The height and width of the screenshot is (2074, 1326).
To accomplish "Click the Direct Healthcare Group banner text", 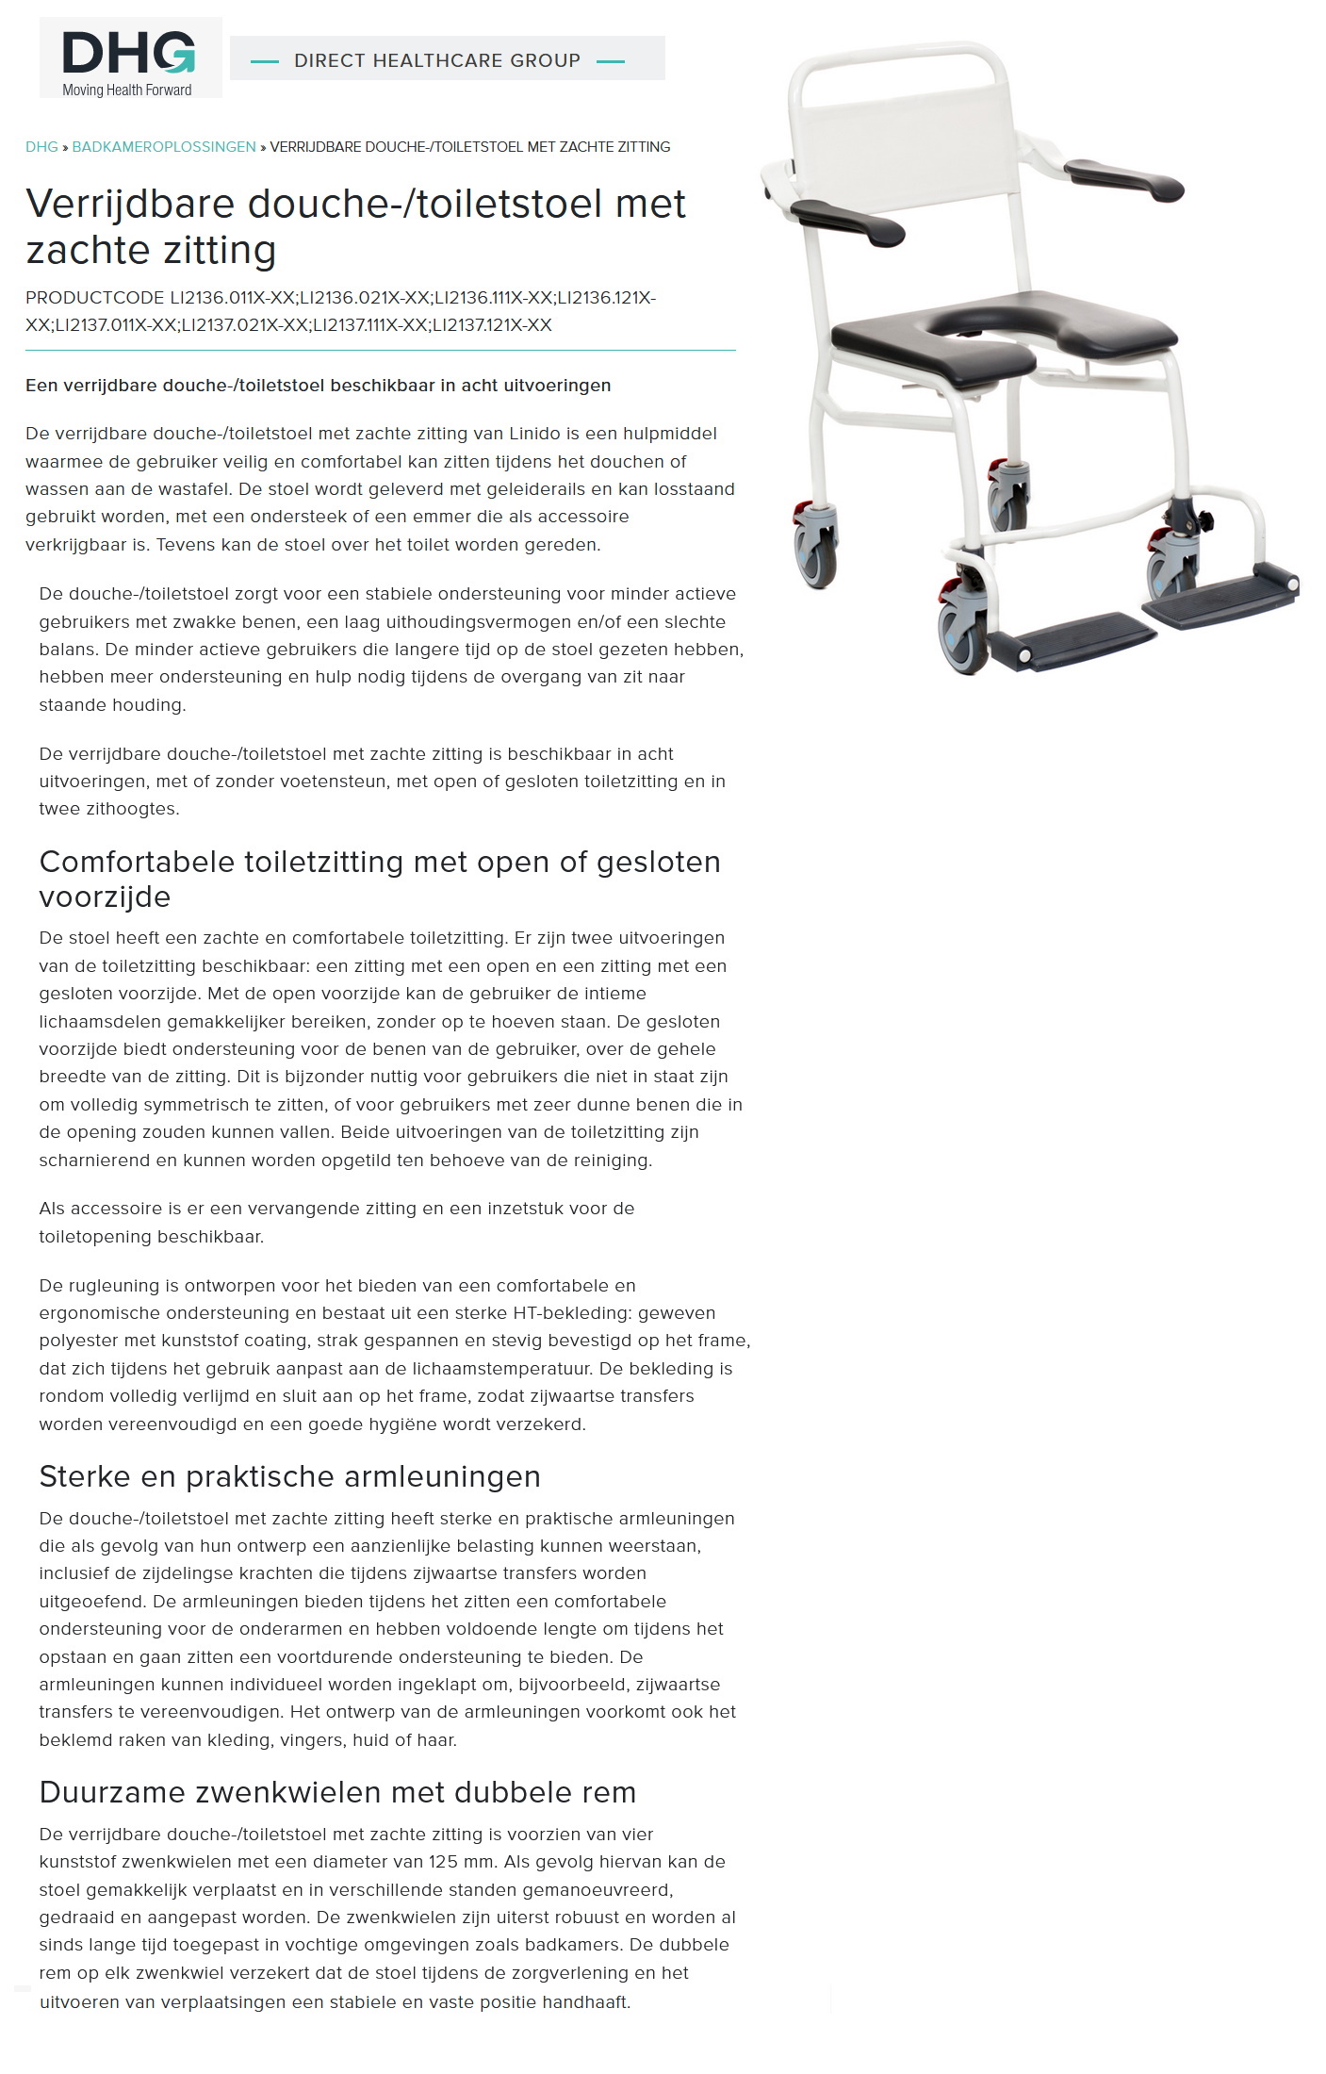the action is pyautogui.click(x=437, y=60).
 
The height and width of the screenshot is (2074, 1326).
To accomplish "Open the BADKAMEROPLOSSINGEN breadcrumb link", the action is pyautogui.click(x=164, y=147).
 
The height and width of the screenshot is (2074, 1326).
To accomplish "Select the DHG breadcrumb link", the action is pyautogui.click(x=41, y=147).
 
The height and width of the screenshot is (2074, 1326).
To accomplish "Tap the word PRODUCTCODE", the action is pyautogui.click(x=94, y=298).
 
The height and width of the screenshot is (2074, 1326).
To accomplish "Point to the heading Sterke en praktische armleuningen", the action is pyautogui.click(x=289, y=1476).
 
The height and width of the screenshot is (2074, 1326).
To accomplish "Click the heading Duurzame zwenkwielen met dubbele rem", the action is pyautogui.click(x=337, y=1792).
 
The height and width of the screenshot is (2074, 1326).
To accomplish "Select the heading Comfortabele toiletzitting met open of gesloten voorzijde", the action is pyautogui.click(x=379, y=879).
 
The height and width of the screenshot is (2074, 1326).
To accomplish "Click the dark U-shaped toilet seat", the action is pyautogui.click(x=1004, y=325).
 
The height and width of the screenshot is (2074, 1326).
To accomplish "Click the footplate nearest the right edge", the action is pyautogui.click(x=1220, y=592).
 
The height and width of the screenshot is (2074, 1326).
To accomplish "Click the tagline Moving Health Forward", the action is pyautogui.click(x=127, y=91).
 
